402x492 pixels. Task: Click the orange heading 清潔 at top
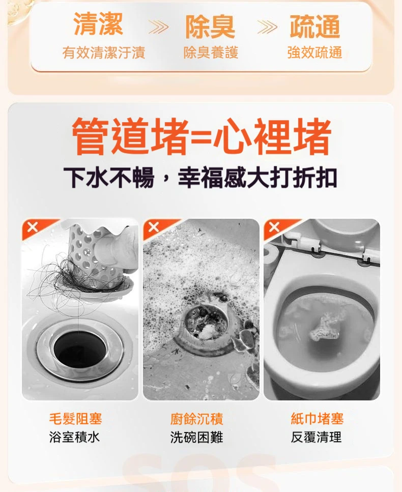(98, 25)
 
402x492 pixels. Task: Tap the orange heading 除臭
(210, 27)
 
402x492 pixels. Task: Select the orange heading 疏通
(314, 27)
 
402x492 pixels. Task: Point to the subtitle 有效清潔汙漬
(103, 52)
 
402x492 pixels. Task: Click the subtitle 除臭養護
(211, 52)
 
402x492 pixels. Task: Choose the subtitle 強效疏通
(314, 52)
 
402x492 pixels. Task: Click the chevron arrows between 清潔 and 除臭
(157, 27)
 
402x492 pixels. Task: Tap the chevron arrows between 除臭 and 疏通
(267, 27)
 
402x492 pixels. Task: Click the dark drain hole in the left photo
(80, 349)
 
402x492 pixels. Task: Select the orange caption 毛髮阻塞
(75, 419)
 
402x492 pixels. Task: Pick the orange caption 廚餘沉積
(196, 419)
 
